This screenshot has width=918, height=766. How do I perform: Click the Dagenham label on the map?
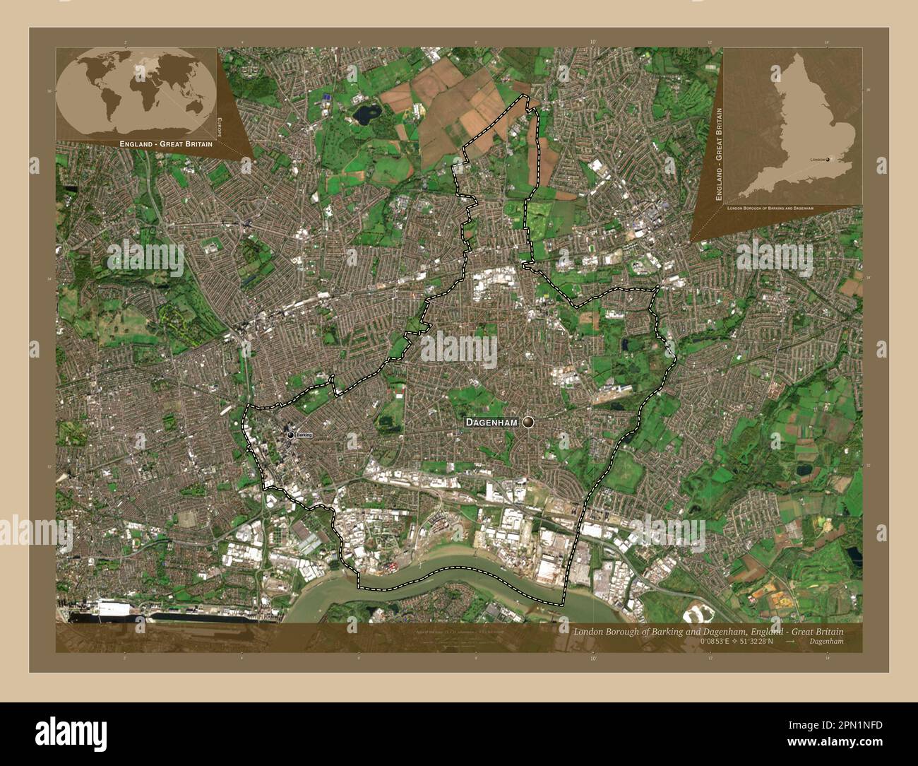[491, 422]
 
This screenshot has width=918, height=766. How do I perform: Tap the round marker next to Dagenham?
[528, 422]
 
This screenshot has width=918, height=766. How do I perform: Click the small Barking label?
[304, 435]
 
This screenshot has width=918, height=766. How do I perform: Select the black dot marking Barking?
[290, 435]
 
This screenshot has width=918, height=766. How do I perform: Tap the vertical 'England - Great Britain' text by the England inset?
[719, 155]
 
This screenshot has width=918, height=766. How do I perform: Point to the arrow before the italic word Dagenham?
[791, 642]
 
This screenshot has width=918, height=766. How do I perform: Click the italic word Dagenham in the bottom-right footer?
[827, 642]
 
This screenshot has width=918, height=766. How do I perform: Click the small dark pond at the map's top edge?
[366, 113]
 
